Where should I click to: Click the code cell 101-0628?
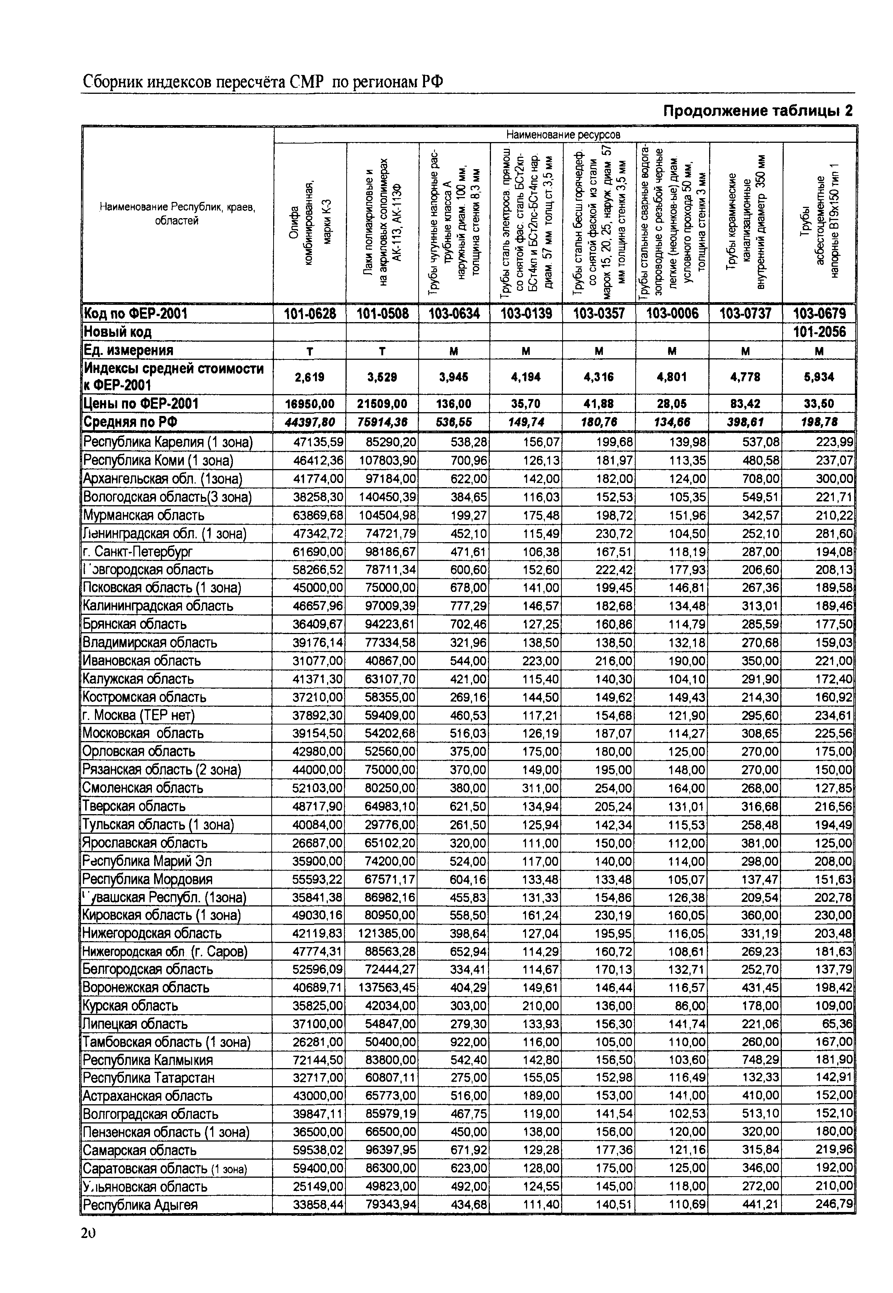(310, 313)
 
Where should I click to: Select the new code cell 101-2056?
(819, 332)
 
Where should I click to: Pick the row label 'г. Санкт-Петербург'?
(138, 552)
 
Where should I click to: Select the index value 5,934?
(819, 377)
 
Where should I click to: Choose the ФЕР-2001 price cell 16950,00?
(310, 403)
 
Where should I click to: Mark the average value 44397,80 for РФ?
(310, 422)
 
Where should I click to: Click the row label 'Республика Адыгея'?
(141, 1204)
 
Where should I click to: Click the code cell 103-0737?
(746, 313)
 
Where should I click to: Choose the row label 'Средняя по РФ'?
(123, 422)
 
